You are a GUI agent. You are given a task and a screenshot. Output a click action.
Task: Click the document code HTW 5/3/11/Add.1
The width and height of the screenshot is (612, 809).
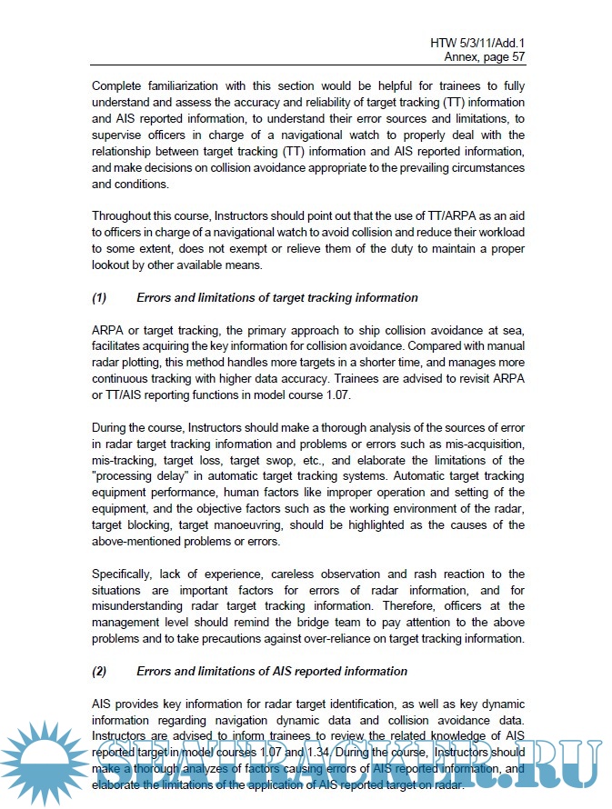coord(477,43)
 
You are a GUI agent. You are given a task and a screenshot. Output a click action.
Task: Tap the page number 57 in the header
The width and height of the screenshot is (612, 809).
coord(517,56)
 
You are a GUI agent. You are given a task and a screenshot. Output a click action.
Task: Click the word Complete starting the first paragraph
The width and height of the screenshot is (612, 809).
coord(121,86)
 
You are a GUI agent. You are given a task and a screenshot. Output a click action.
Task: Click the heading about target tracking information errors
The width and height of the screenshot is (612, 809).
coord(277,297)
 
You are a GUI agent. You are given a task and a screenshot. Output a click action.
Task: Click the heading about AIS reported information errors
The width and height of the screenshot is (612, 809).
coord(272,672)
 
